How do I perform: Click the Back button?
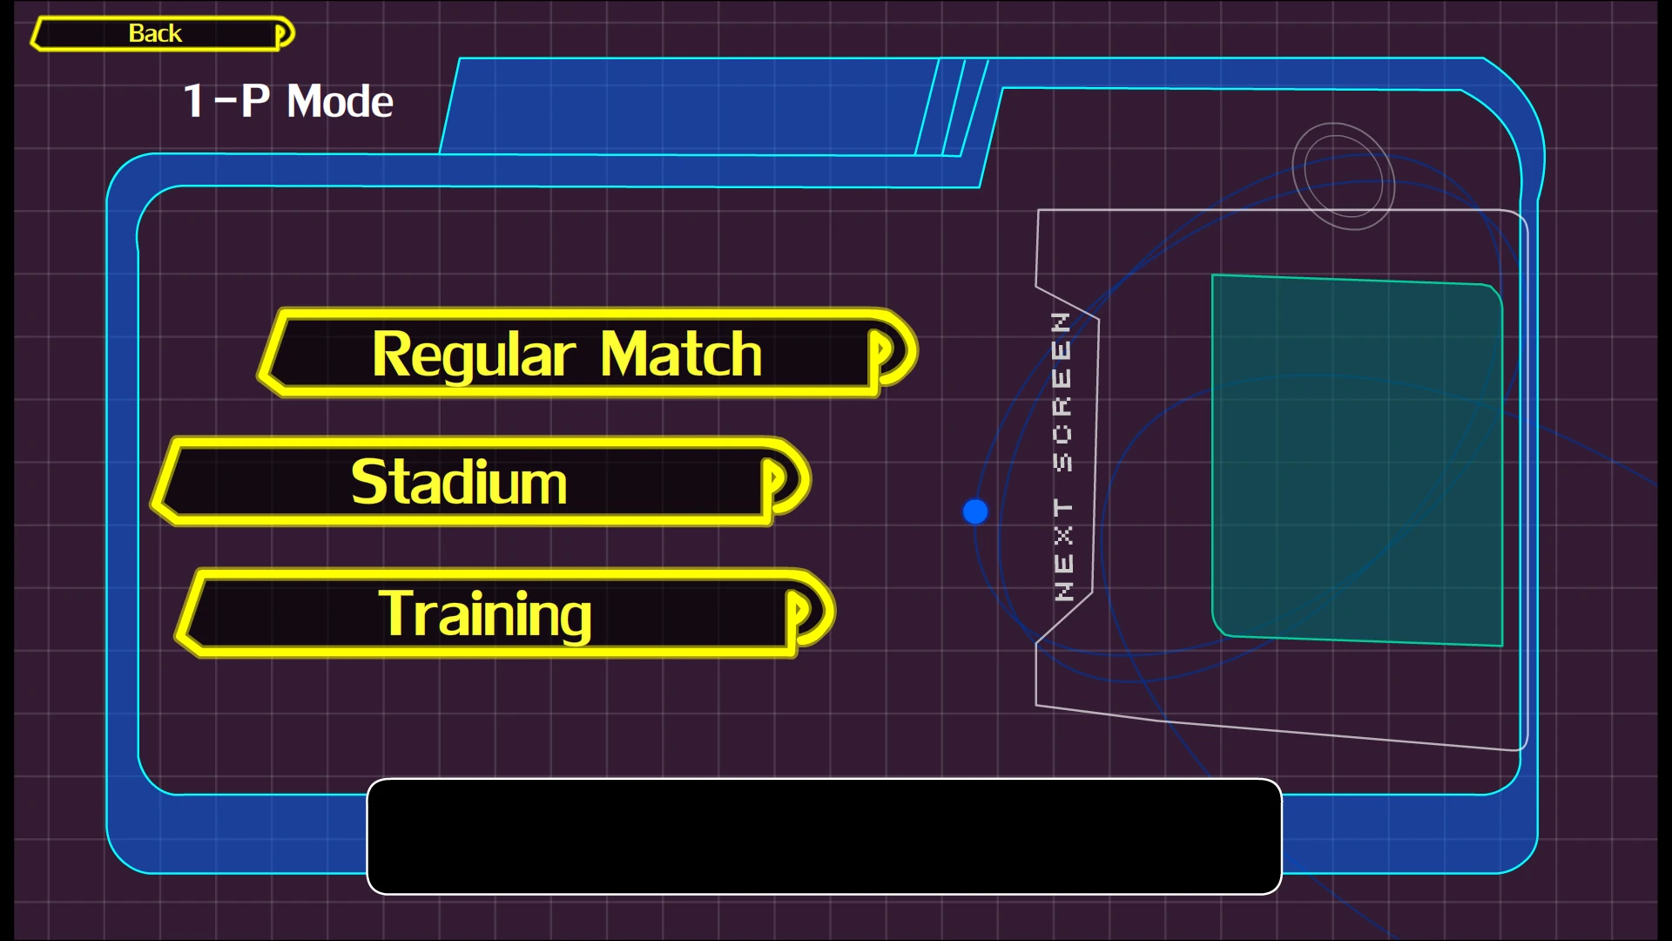coord(157,33)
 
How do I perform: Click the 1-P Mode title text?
coord(287,101)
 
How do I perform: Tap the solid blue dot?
coord(975,511)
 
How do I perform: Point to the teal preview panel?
coord(1357,460)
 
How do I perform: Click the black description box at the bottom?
coord(824,836)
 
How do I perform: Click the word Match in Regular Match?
coord(681,354)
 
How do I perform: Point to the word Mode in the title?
coord(340,101)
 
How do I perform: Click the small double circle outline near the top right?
coord(1343,176)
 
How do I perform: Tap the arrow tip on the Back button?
coord(284,34)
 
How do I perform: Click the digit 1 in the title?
coord(193,101)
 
